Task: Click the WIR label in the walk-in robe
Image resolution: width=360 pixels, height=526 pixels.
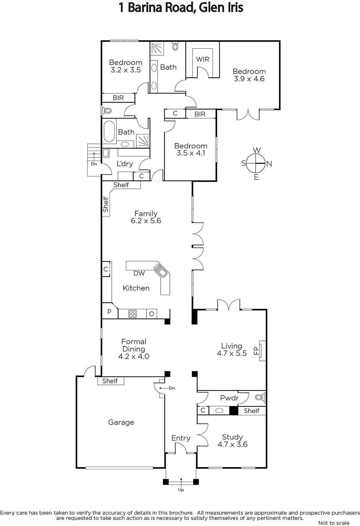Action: coord(203,59)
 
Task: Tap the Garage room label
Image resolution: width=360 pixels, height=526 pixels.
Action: coord(121,422)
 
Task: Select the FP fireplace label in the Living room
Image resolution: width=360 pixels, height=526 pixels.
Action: coord(256,351)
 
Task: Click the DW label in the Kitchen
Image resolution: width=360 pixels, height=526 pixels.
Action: coord(139,273)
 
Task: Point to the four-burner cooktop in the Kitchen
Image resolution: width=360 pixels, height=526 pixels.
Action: coord(133,314)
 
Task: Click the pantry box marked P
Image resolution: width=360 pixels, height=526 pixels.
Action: coord(109,312)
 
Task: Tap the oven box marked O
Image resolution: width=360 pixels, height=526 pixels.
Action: coord(152,314)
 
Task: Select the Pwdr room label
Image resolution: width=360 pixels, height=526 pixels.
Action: coord(229,398)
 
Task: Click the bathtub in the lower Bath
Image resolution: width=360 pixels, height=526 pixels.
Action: coord(109,131)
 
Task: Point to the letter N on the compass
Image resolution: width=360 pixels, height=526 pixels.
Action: coord(269,164)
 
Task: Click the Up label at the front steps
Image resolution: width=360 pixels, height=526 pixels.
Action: coord(181,490)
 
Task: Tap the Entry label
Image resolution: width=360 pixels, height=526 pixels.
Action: coord(181,438)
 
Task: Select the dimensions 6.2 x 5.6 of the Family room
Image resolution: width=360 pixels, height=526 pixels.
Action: coord(146,221)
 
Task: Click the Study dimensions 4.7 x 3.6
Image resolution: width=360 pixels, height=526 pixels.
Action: coord(232,444)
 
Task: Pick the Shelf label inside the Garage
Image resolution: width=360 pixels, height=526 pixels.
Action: coord(110,381)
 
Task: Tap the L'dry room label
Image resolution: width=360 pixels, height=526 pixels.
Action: coord(124,164)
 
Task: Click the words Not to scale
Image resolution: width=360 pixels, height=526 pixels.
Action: coord(334,523)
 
